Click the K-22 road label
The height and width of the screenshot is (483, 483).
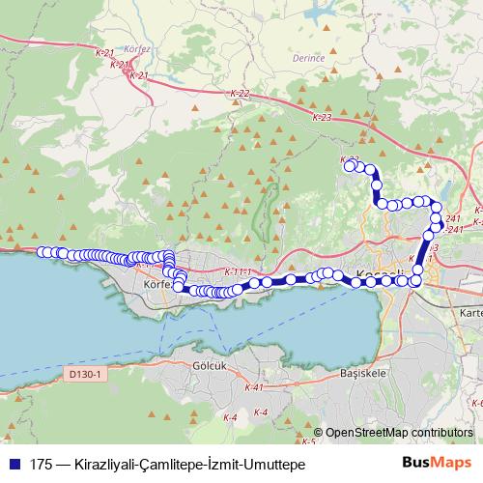pyautogui.click(x=241, y=94)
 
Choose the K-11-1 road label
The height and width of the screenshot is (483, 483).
pyautogui.click(x=236, y=271)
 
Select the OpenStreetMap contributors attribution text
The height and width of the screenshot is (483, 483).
pyautogui.click(x=399, y=434)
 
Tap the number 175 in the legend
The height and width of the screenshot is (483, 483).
pyautogui.click(x=42, y=465)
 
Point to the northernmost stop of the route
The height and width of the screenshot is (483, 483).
pyautogui.click(x=350, y=165)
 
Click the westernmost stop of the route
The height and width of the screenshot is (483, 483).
pyautogui.click(x=43, y=252)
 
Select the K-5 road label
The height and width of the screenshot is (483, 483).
pyautogui.click(x=309, y=441)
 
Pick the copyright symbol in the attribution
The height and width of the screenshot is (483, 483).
pyautogui.click(x=319, y=434)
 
